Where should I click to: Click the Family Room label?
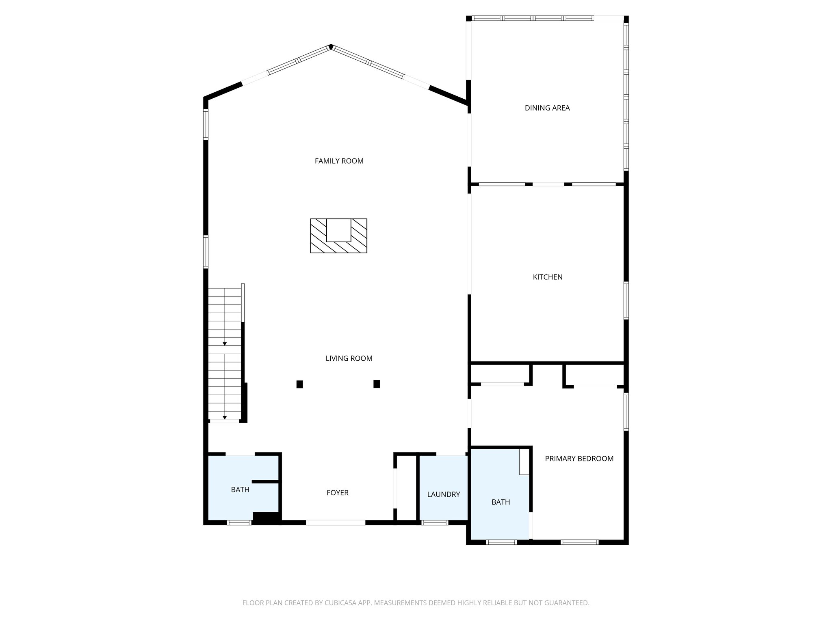(x=339, y=161)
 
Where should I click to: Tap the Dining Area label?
(x=547, y=108)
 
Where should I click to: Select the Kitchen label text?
(x=547, y=277)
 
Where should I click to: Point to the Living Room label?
(x=349, y=358)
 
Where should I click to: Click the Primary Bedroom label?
(x=579, y=459)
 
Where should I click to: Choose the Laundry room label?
(x=443, y=494)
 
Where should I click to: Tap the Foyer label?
(x=337, y=493)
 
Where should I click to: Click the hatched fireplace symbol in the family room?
(x=338, y=236)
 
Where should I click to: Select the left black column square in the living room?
(x=299, y=384)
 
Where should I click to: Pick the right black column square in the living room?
(x=377, y=384)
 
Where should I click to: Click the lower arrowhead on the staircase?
(x=225, y=417)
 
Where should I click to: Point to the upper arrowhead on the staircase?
(x=225, y=344)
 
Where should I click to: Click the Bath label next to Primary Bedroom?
(x=500, y=502)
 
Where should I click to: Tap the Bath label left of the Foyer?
(x=240, y=490)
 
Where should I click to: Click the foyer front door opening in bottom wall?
(x=336, y=523)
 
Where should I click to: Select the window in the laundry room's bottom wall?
(x=435, y=523)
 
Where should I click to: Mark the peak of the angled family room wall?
(x=331, y=46)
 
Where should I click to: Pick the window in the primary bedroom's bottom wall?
(x=579, y=542)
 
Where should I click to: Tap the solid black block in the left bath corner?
(x=266, y=518)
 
